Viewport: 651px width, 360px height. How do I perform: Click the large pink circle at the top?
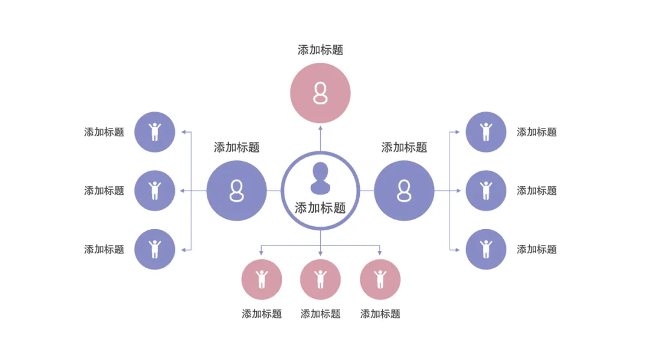pyautogui.click(x=320, y=93)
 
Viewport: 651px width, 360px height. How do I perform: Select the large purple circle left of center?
pyautogui.click(x=236, y=191)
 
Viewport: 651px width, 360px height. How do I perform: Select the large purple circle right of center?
pyautogui.click(x=404, y=191)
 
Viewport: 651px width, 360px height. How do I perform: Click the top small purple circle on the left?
pyautogui.click(x=155, y=131)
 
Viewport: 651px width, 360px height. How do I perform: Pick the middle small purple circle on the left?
pyautogui.click(x=155, y=191)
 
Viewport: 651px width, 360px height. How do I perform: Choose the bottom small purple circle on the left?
pyautogui.click(x=155, y=249)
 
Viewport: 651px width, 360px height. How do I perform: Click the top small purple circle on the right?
pyautogui.click(x=486, y=131)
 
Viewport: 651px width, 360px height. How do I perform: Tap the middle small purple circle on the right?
pyautogui.click(x=486, y=191)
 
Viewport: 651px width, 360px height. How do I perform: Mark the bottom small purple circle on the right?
pyautogui.click(x=486, y=249)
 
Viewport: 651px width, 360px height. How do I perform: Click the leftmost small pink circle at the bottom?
pyautogui.click(x=262, y=279)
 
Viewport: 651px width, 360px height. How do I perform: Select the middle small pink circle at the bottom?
pyautogui.click(x=320, y=279)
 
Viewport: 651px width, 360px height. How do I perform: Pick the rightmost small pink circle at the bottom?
pyautogui.click(x=380, y=279)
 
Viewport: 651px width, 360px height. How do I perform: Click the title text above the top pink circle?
pyautogui.click(x=320, y=50)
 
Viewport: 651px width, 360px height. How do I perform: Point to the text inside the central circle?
pyautogui.click(x=320, y=208)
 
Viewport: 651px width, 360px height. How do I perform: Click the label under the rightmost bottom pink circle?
pyautogui.click(x=380, y=314)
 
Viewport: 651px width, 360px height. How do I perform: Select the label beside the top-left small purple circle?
pyautogui.click(x=104, y=132)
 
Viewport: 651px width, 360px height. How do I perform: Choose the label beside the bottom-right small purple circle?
pyautogui.click(x=536, y=249)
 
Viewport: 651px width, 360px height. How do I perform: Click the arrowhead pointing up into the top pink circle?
pyautogui.click(x=320, y=127)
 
